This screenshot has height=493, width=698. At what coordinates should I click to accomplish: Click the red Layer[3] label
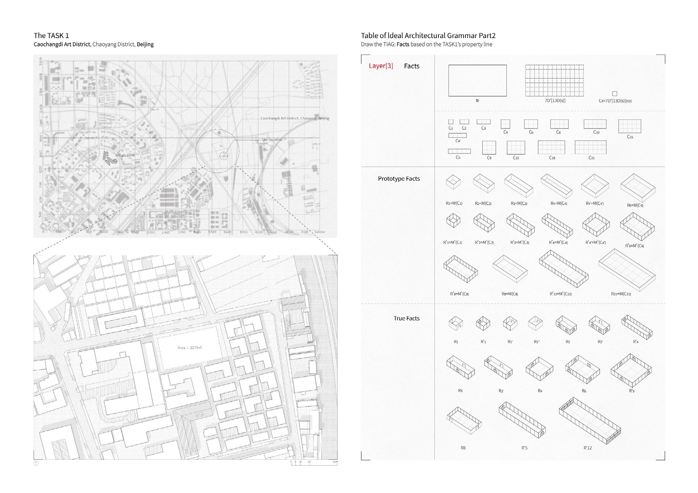[381, 66]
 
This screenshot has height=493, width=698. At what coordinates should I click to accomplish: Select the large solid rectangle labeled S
[477, 80]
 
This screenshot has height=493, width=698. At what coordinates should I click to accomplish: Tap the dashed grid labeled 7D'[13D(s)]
[555, 80]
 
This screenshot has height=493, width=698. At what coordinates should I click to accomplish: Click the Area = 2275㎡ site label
[190, 348]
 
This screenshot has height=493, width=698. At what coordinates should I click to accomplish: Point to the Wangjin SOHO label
[125, 155]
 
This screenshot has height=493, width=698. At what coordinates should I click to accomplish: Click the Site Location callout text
[272, 140]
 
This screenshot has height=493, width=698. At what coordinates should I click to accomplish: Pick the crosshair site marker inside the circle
[224, 156]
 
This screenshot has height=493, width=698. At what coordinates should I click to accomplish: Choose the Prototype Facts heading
[399, 179]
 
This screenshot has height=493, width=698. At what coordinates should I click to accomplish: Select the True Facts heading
[407, 318]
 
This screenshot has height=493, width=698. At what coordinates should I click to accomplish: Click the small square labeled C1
[451, 122]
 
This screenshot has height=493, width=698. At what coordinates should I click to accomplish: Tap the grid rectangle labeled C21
[591, 147]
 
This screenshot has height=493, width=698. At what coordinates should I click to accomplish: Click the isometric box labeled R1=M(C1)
[453, 182]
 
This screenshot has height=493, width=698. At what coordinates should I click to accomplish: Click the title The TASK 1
[51, 35]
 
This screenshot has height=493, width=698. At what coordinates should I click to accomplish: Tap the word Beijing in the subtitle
[145, 44]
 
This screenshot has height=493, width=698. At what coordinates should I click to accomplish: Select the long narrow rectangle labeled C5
[459, 151]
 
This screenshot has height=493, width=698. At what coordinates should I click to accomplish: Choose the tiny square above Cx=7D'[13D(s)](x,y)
[615, 94]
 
